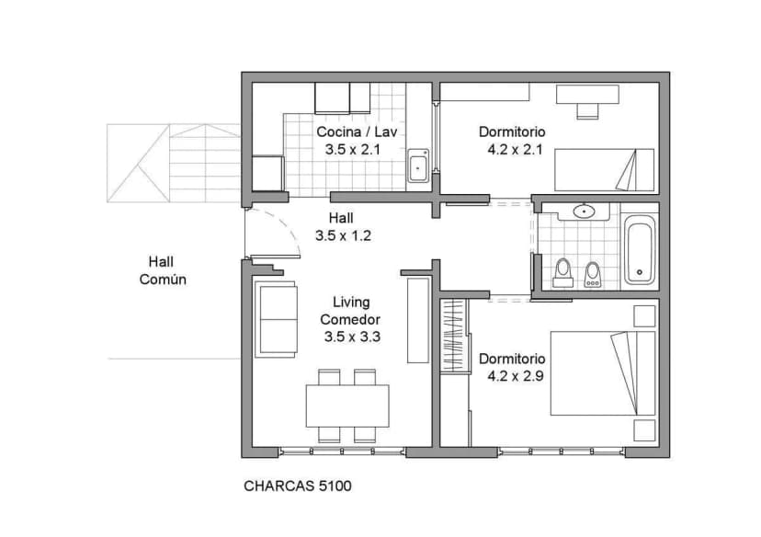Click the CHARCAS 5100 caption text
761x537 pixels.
[x=297, y=486]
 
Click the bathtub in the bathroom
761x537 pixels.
[x=640, y=249]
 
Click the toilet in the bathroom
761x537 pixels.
[x=562, y=272]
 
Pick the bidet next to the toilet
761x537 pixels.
[x=593, y=273]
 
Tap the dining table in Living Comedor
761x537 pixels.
[x=346, y=406]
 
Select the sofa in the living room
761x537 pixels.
[x=276, y=320]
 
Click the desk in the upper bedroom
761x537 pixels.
[x=587, y=96]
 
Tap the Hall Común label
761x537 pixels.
[x=163, y=270]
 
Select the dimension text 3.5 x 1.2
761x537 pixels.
[x=342, y=235]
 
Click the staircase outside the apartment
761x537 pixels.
[x=175, y=163]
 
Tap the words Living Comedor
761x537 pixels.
[x=350, y=310]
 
